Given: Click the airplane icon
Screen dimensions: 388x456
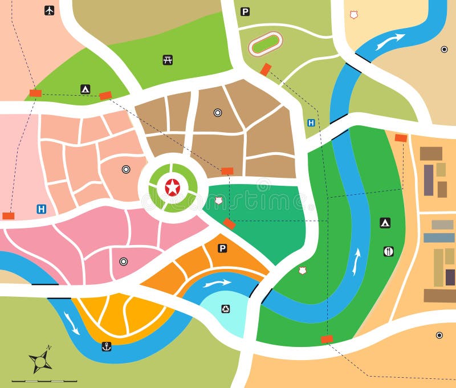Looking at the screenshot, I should click(x=50, y=10).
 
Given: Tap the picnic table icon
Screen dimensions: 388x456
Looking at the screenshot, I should click(x=168, y=60).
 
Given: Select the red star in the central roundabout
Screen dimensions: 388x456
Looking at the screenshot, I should click(x=172, y=187).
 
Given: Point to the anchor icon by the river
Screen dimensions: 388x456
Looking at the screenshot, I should click(x=106, y=346).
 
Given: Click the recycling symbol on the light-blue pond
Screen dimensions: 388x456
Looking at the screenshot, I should click(x=226, y=309).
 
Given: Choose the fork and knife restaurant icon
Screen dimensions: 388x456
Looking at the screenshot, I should click(x=388, y=251).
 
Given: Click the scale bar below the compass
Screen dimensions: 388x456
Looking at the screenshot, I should click(x=44, y=380).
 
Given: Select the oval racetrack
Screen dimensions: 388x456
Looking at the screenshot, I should click(x=266, y=43).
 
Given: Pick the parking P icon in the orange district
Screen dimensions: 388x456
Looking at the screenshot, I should click(x=222, y=248).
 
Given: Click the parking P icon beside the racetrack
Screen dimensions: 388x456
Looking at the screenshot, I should click(x=245, y=11).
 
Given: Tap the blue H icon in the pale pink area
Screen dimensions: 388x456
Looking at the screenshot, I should click(x=41, y=209).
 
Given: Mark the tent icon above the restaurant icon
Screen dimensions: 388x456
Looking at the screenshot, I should click(x=385, y=223).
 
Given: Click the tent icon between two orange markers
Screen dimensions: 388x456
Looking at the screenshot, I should click(x=85, y=89).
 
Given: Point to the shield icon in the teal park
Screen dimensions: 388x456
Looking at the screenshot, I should click(x=219, y=201).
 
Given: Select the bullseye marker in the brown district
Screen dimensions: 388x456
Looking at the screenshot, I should click(x=217, y=113).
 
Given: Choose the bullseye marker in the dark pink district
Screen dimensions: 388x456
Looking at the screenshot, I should click(x=123, y=262).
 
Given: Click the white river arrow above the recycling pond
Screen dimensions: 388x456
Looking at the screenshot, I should click(x=217, y=283).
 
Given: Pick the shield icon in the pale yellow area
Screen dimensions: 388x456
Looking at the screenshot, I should click(x=353, y=15).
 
